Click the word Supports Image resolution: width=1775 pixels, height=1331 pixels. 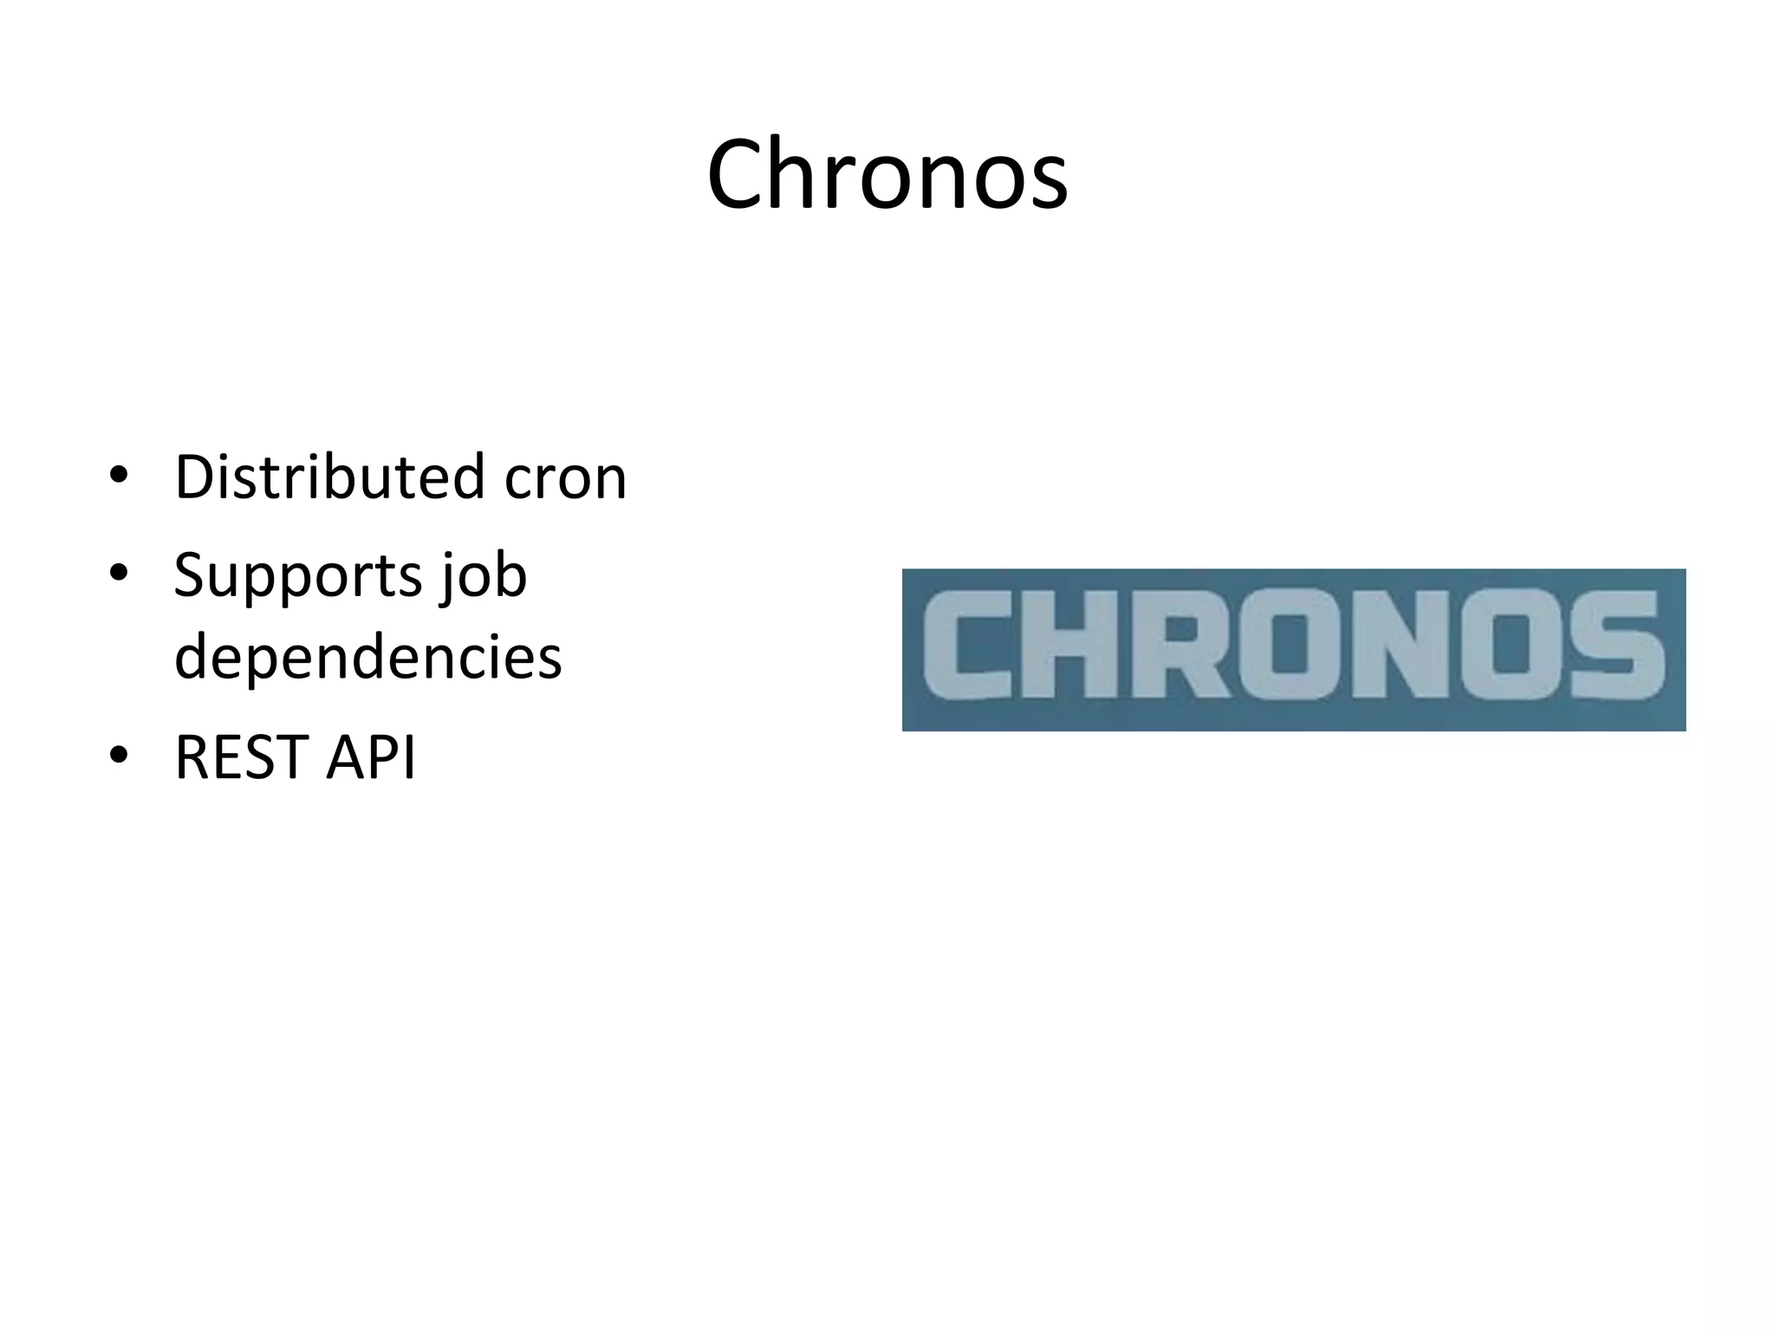(295, 576)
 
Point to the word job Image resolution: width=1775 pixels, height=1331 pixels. (484, 576)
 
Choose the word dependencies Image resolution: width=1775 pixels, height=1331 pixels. (368, 657)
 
